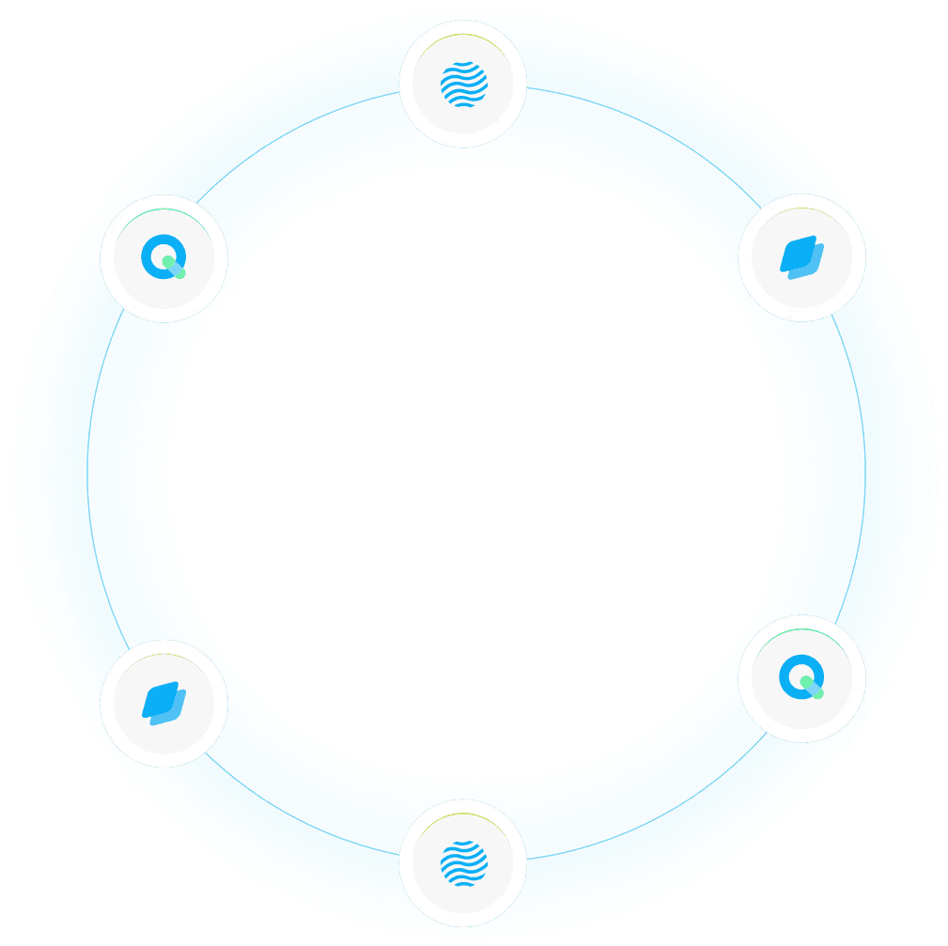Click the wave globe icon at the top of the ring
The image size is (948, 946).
(x=463, y=84)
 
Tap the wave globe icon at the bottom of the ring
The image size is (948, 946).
(x=463, y=862)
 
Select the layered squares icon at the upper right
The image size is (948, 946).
(x=801, y=257)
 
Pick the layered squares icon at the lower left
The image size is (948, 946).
(x=163, y=704)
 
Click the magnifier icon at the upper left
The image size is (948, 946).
(x=163, y=257)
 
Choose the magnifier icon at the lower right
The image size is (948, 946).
(x=801, y=678)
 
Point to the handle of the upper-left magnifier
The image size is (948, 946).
(x=175, y=269)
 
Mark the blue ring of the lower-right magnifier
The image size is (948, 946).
(x=789, y=669)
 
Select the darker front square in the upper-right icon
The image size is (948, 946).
(x=796, y=252)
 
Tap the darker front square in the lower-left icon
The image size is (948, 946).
(x=158, y=698)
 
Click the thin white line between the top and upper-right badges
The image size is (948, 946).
(x=648, y=131)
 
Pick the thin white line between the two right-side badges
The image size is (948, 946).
(x=865, y=470)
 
